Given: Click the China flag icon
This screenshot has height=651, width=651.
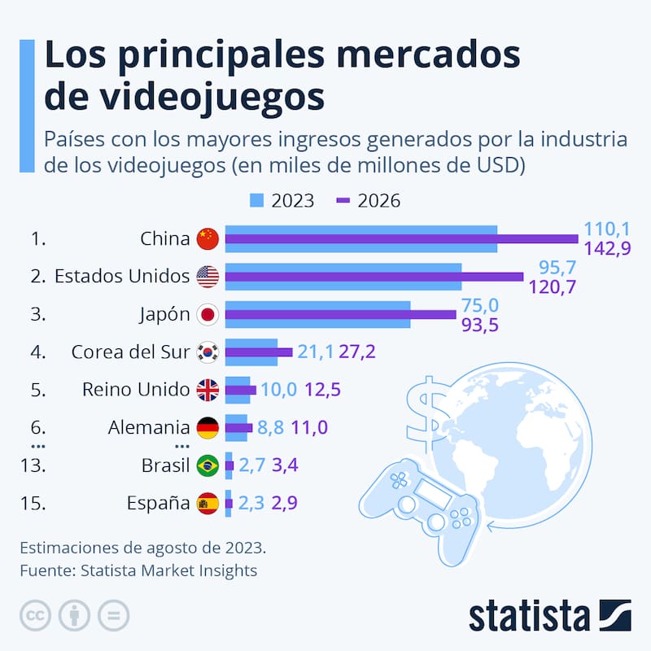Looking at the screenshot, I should click(x=208, y=238).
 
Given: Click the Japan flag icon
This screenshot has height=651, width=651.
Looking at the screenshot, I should click(x=208, y=315).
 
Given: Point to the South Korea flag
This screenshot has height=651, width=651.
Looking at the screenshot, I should click(x=208, y=352).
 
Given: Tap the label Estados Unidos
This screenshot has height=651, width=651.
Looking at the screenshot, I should click(x=121, y=277).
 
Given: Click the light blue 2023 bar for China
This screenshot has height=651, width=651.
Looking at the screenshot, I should click(x=360, y=229).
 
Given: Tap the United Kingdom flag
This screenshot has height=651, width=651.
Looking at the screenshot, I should click(x=208, y=391).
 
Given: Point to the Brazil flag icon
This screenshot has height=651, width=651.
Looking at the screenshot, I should click(x=208, y=465).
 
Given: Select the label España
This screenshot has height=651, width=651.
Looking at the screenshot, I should click(x=158, y=504).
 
